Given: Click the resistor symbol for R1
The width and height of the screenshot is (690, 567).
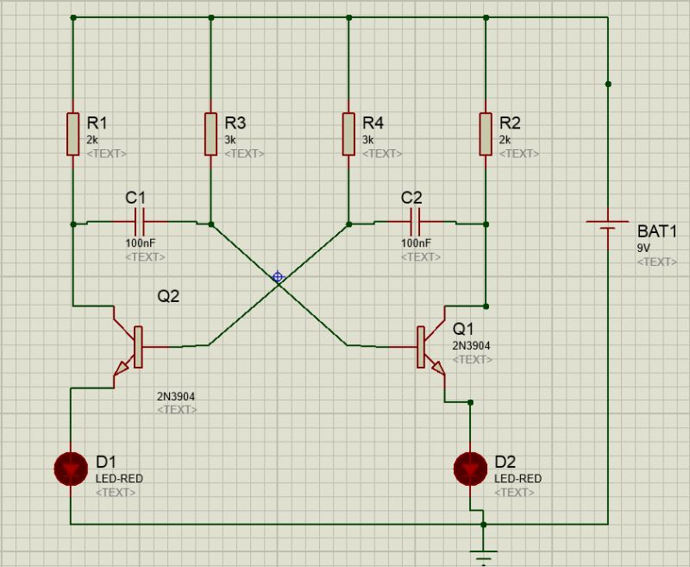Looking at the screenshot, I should point(73,134).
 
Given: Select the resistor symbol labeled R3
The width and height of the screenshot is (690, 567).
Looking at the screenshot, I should point(210,134).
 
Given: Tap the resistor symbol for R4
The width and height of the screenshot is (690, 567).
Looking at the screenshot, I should point(348,134).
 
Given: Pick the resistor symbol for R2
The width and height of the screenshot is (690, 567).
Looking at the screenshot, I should point(486,134).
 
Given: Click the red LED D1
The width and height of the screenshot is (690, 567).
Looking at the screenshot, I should point(72,469).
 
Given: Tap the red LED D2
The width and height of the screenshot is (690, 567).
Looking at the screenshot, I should point(470,469).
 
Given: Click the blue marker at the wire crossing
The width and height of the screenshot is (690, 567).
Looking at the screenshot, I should point(278,277).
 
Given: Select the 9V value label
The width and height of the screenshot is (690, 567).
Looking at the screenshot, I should point(644,248).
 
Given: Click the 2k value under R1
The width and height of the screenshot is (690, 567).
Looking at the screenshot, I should point(93,140).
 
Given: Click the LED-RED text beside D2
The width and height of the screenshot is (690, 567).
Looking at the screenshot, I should point(517,479).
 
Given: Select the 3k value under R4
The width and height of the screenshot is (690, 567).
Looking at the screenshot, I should point(368,140).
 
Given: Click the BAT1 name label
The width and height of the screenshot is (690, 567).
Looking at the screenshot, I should point(658,231).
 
